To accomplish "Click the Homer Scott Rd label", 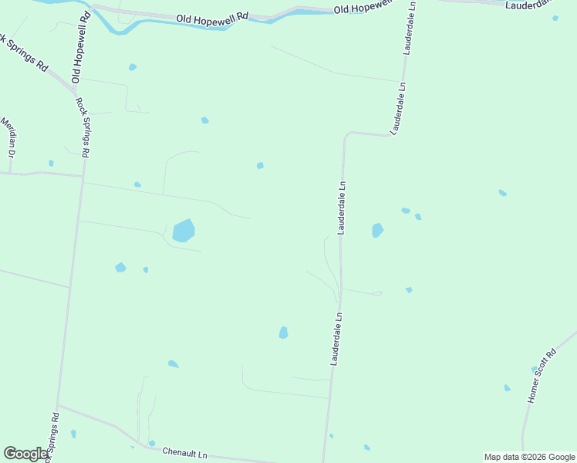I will click(541, 377).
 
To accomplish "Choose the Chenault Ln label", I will click(185, 454).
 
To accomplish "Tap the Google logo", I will click(25, 454).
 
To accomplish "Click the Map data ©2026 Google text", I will click(529, 457).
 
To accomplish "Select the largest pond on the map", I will click(184, 230).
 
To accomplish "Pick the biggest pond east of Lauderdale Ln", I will click(377, 230).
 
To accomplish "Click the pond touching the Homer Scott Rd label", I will click(535, 370).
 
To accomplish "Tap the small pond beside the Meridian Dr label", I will click(51, 163).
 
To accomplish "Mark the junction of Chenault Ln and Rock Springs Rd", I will click(58, 404).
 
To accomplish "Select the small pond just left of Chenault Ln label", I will click(152, 443).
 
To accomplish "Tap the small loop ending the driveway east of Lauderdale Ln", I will click(377, 293).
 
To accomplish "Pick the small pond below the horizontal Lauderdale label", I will click(555, 18).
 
